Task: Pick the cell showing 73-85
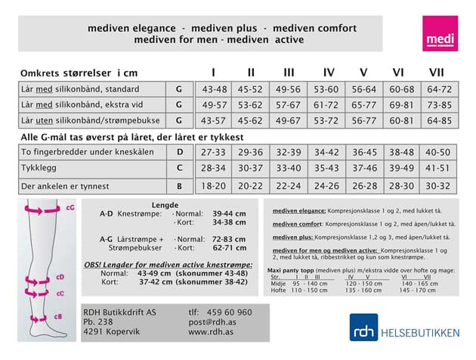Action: coord(439,104)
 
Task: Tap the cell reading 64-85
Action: coord(439,120)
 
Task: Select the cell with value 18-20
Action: coord(214,186)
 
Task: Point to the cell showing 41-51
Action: coord(439,168)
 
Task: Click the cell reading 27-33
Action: coord(214,152)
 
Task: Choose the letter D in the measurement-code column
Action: coord(179,152)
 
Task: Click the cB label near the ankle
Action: coord(69,317)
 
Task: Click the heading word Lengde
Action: coord(165,204)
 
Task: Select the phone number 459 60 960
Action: coord(220,312)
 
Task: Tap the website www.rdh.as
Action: coord(210,331)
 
